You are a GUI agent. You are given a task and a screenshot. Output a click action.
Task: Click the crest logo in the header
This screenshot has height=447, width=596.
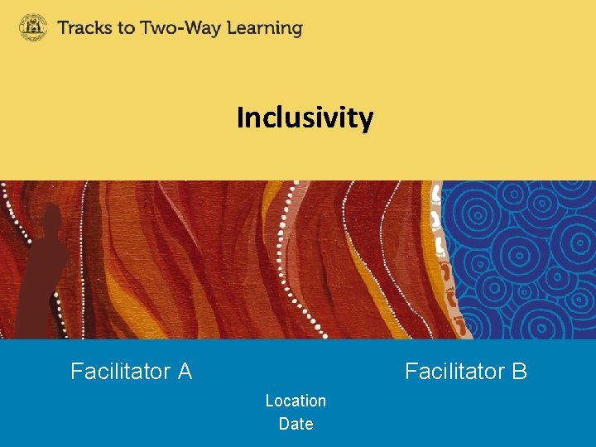(34, 27)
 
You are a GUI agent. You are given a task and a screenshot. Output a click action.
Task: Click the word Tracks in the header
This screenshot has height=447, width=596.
(86, 28)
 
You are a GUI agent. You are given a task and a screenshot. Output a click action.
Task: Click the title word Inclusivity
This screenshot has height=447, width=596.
(305, 118)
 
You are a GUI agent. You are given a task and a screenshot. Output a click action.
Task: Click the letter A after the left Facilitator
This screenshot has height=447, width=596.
(185, 372)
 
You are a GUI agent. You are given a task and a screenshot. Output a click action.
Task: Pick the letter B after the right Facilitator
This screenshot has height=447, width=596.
(519, 372)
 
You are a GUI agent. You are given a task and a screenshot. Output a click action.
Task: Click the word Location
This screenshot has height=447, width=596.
(296, 401)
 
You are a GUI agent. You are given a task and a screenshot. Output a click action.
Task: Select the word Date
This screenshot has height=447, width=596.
(296, 424)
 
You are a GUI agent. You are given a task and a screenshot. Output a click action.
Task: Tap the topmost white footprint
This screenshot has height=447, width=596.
(435, 195)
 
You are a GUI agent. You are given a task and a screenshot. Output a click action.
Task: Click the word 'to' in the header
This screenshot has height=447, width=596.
(127, 28)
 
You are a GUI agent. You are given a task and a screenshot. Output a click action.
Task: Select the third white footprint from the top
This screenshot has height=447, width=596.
(440, 246)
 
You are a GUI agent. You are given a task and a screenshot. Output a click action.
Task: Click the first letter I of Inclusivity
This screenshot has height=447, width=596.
(240, 118)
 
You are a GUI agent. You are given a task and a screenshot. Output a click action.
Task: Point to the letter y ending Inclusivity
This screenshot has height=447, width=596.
(366, 122)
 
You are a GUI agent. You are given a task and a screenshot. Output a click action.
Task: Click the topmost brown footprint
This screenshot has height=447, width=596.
(445, 270)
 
